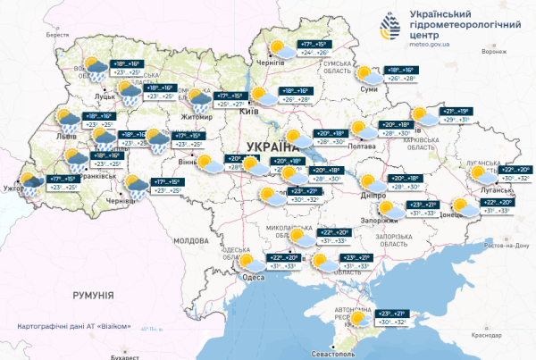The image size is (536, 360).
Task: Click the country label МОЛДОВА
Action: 189,241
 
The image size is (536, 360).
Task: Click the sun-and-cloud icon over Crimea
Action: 360,319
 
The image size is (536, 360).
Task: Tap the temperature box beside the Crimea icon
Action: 394,318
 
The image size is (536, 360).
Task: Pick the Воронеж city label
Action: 492,51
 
